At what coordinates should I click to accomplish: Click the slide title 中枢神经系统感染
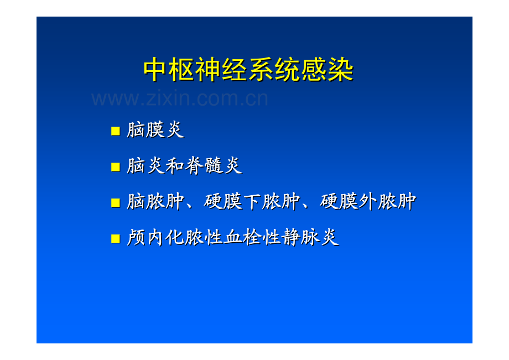[248, 70]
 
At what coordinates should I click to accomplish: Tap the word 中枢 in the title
[169, 70]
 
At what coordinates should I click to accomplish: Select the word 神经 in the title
[222, 70]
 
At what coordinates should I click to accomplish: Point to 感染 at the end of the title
[328, 70]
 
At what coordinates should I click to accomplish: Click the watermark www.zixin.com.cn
[180, 98]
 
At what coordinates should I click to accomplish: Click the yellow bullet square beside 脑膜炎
[116, 131]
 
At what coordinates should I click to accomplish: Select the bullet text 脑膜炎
[155, 130]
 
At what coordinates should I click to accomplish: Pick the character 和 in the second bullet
[175, 166]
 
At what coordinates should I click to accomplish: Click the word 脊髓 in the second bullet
[204, 166]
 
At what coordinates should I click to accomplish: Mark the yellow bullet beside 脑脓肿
[116, 202]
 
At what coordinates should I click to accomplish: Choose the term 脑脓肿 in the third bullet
[155, 201]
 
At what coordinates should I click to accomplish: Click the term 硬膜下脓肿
[252, 201]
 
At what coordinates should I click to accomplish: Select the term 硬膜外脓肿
[368, 201]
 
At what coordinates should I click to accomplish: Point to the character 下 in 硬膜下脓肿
[252, 201]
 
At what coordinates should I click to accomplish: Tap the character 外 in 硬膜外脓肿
[368, 201]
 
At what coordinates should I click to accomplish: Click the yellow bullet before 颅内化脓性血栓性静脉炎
[116, 238]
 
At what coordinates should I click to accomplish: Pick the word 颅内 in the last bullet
[146, 237]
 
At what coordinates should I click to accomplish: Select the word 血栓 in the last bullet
[242, 237]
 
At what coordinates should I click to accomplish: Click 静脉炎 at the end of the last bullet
[310, 237]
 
